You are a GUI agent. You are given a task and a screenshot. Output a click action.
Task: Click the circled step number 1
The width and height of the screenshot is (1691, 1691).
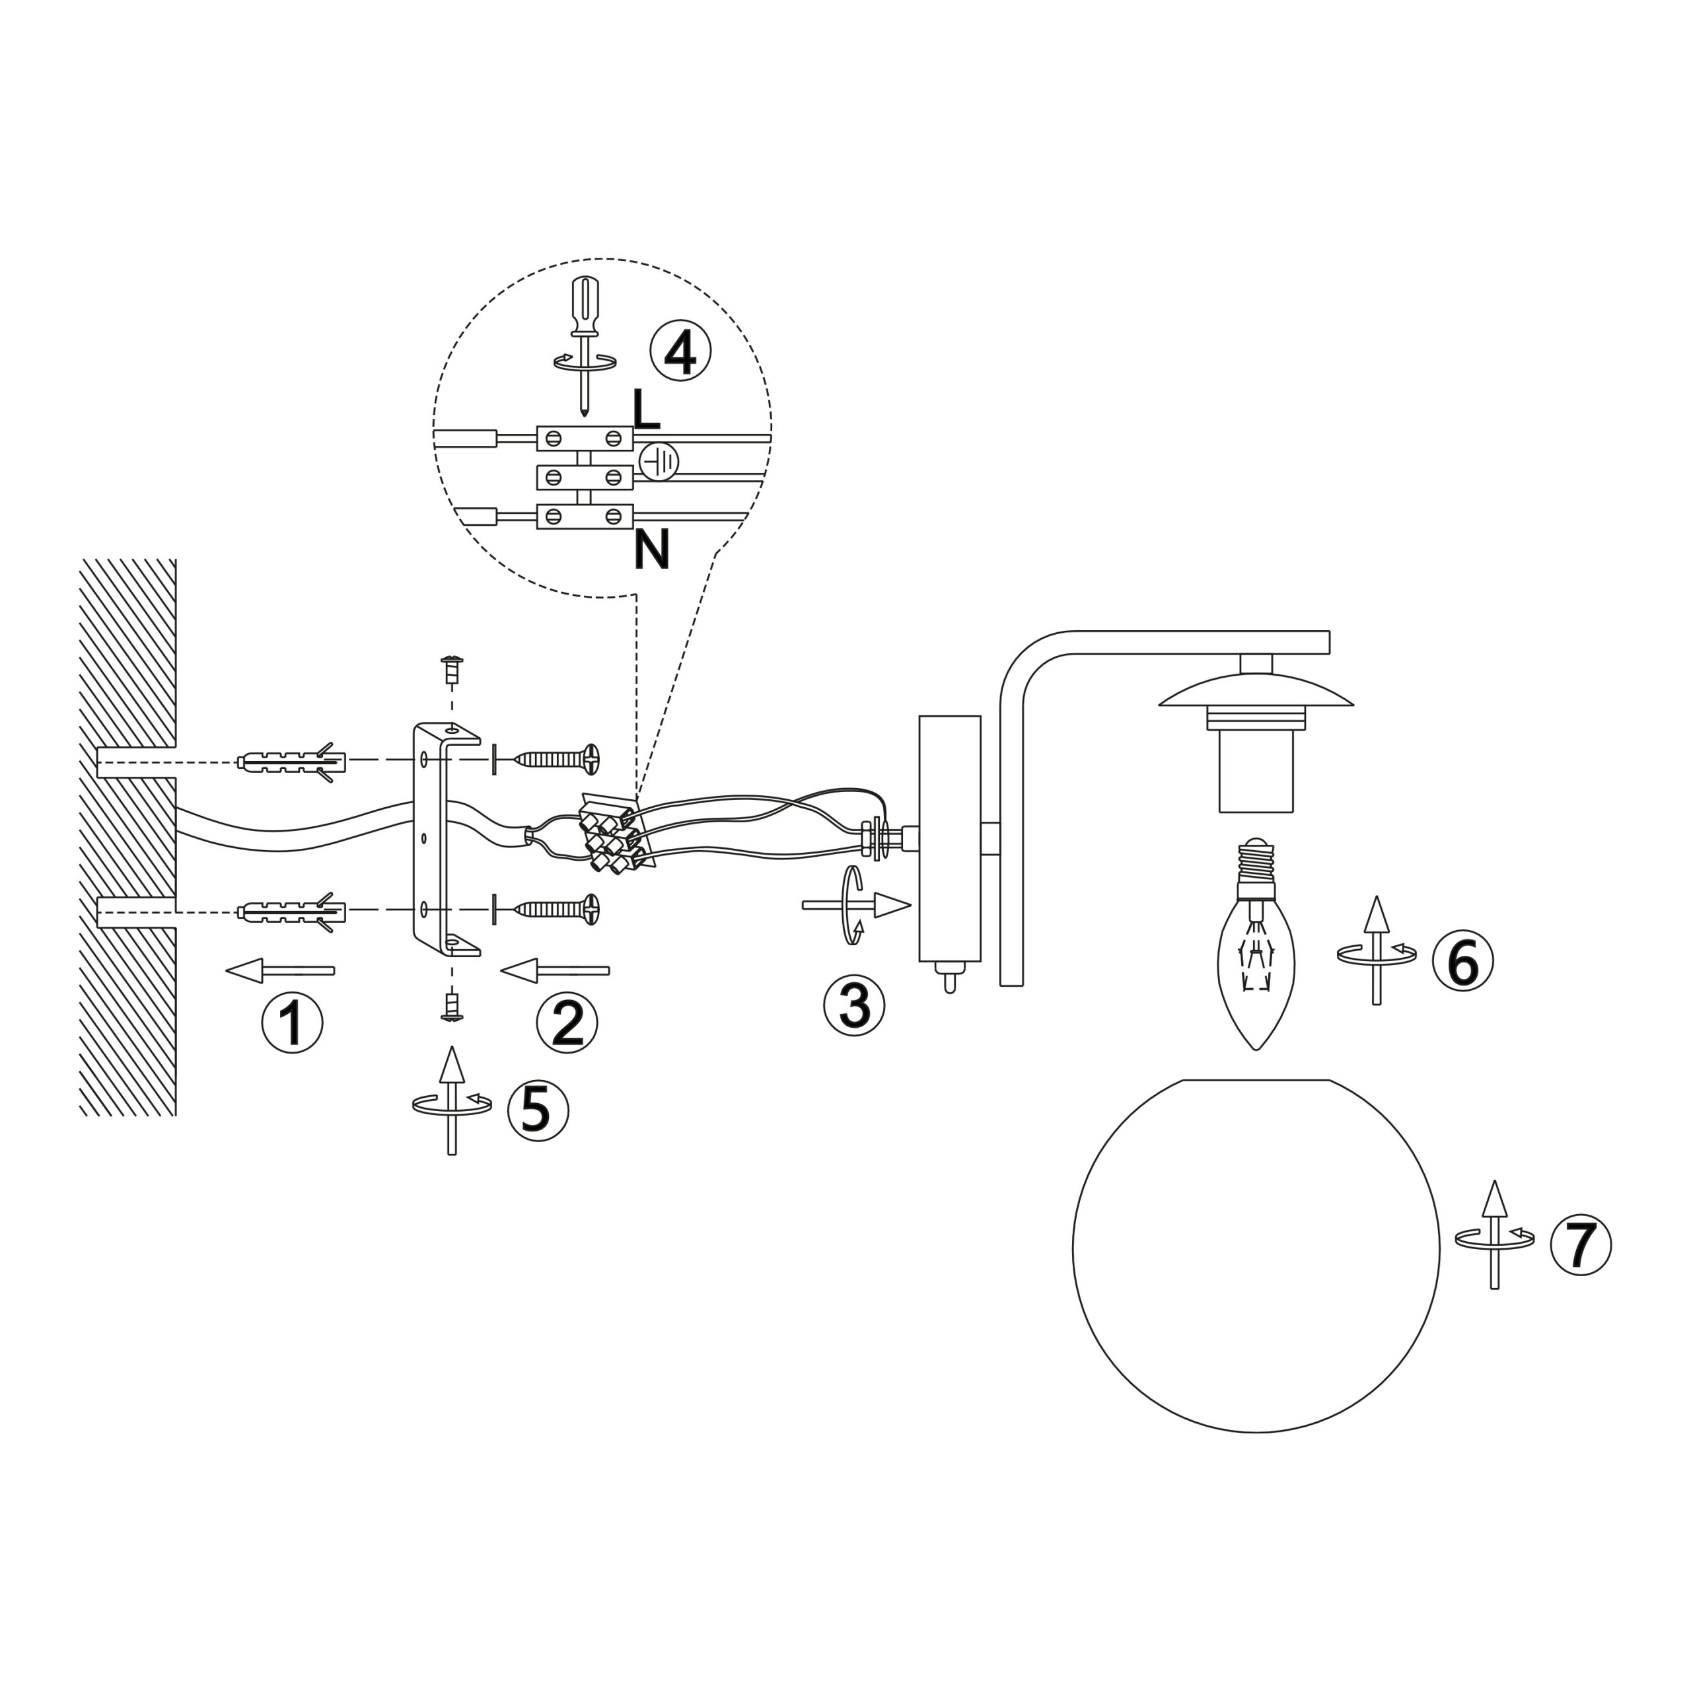[293, 1023]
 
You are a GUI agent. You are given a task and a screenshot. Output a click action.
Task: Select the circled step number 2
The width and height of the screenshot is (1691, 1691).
[567, 1023]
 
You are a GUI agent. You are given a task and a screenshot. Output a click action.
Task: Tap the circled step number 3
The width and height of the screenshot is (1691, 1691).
[854, 1005]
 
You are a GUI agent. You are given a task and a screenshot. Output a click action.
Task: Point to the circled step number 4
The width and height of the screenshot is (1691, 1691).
[680, 350]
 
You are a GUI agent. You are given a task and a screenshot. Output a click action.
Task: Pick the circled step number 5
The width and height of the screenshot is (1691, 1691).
[538, 1110]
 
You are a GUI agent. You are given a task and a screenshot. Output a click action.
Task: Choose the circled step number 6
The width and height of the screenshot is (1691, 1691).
[1462, 960]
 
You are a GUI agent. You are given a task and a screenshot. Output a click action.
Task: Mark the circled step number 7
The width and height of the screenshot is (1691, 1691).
[1581, 1244]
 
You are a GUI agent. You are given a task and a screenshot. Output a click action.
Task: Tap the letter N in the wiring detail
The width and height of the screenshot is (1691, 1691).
[651, 549]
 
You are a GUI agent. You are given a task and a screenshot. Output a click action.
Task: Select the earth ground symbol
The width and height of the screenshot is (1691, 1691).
[658, 461]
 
